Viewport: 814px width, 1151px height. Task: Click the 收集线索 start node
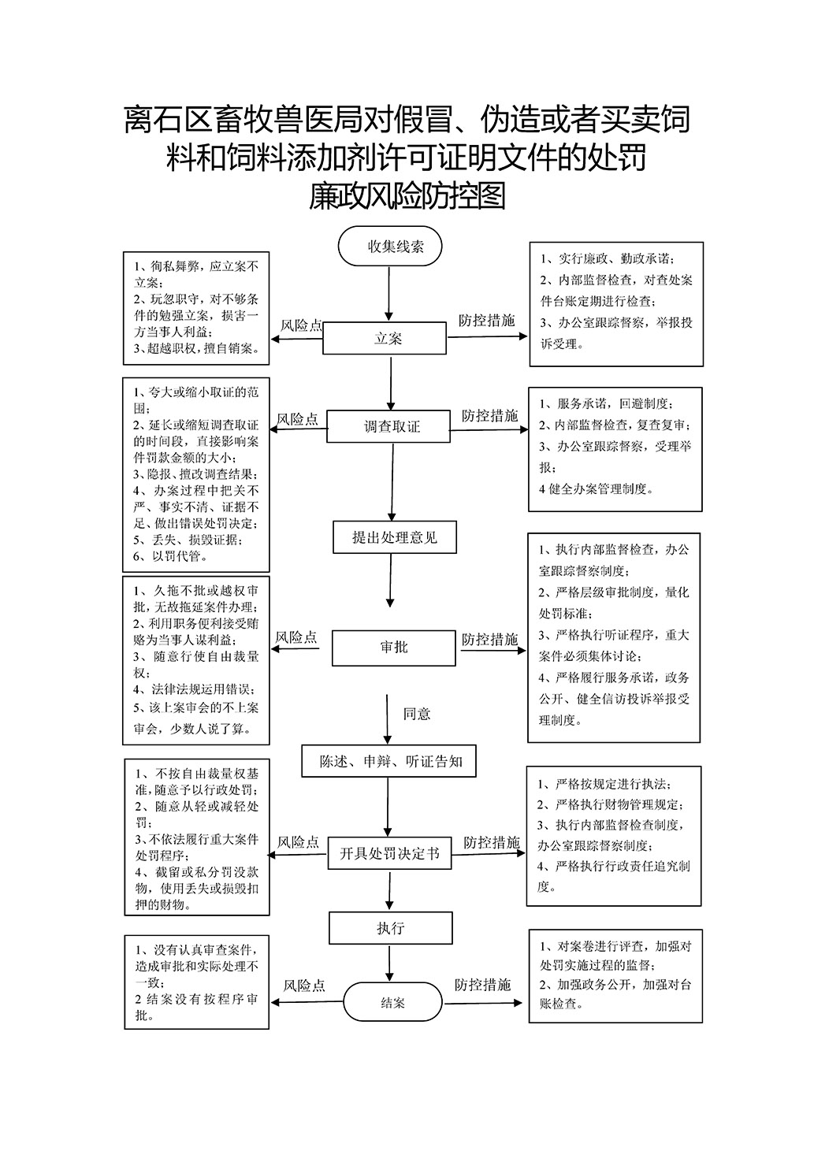coord(390,246)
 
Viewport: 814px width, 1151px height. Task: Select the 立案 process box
coord(385,338)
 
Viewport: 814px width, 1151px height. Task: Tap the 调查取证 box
coord(388,426)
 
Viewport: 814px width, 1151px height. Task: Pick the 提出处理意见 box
coord(395,537)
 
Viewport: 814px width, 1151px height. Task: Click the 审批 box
coord(394,648)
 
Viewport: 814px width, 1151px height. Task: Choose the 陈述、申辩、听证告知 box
coord(388,761)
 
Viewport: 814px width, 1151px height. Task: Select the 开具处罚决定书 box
coord(389,853)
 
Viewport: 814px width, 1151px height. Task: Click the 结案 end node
coord(392,1003)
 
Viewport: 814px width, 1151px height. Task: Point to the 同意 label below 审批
coord(417,714)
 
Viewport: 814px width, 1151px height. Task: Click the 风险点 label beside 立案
coord(301,325)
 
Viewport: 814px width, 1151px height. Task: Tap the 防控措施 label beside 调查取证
coord(489,415)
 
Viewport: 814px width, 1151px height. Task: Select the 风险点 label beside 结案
coord(304,985)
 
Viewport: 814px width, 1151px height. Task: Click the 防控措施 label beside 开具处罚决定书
coord(492,842)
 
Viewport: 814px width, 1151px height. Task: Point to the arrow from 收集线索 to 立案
coord(389,294)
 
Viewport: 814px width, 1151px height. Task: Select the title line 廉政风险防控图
coord(407,196)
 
